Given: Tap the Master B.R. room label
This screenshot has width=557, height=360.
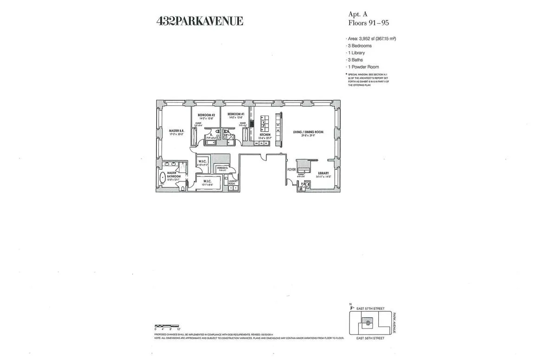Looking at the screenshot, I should pyautogui.click(x=176, y=131).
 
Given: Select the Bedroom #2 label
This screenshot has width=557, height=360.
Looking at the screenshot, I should pyautogui.click(x=206, y=115).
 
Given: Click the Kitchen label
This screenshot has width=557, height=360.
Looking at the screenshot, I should pyautogui.click(x=265, y=135).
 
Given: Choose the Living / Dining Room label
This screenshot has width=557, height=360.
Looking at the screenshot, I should pyautogui.click(x=308, y=132).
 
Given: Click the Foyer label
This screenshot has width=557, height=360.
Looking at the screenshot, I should pyautogui.click(x=291, y=170).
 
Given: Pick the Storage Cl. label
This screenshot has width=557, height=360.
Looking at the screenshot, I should pyautogui.click(x=222, y=168).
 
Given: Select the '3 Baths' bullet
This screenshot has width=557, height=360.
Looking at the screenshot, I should pyautogui.click(x=356, y=60).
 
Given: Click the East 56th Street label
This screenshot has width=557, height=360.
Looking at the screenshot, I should pyautogui.click(x=370, y=338).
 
